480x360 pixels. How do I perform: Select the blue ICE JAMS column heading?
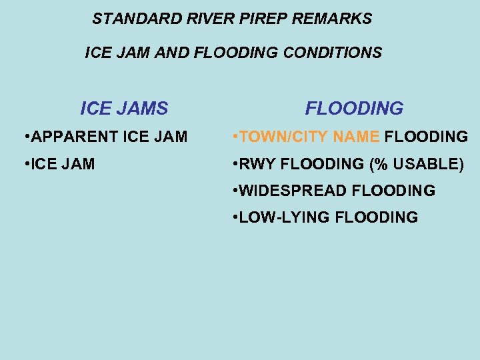coord(124,108)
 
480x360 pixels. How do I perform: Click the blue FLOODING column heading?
coord(354,108)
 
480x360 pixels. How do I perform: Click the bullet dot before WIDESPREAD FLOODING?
coord(234,191)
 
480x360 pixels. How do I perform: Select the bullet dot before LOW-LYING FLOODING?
coord(234,217)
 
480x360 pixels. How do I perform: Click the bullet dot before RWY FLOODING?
coord(234,164)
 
